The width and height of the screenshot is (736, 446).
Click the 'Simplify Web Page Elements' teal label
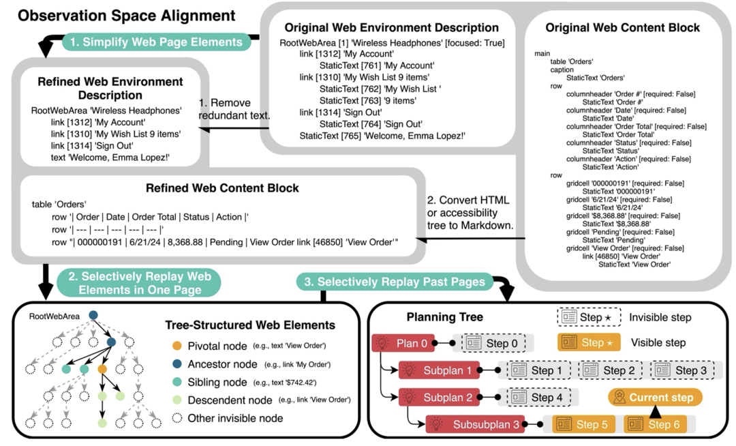coord(156,42)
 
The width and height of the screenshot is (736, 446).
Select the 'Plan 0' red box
coord(402,342)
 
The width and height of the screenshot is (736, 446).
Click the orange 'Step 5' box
coord(582,424)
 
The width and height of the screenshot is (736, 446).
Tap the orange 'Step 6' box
coord(653,424)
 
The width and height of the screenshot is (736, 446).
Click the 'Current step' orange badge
coord(654,398)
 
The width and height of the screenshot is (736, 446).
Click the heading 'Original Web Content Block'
coord(622,28)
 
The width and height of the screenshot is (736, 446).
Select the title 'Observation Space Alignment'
coord(127,15)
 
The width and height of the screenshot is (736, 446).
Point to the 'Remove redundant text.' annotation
coord(234,109)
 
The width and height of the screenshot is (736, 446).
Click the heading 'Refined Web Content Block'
coord(222,188)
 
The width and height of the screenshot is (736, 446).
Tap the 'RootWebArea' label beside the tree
coord(55,316)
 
